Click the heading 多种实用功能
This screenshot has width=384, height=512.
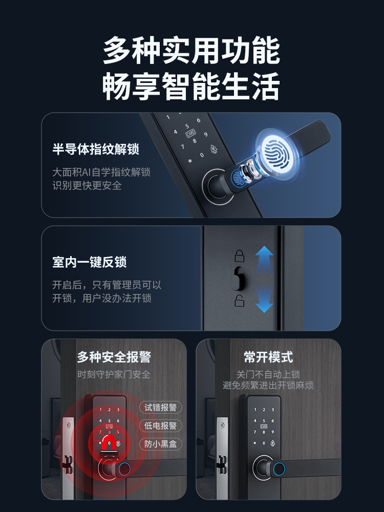coord(191,51)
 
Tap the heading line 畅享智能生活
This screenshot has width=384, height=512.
coord(191,87)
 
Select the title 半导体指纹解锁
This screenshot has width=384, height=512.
coord(96,150)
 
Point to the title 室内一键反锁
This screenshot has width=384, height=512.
coord(90,263)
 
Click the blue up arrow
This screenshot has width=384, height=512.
coord(264,259)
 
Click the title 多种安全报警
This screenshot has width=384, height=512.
coord(114,357)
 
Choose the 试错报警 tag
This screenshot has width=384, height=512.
coord(160,408)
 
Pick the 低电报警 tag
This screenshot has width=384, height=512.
coord(160,426)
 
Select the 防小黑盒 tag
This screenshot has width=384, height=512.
coord(160,444)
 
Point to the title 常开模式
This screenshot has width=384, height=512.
coord(268,357)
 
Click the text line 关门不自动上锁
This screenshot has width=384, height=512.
coord(268,374)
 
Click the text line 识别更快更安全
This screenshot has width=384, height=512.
coord(87,186)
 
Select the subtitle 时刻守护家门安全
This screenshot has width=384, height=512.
coord(114,374)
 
